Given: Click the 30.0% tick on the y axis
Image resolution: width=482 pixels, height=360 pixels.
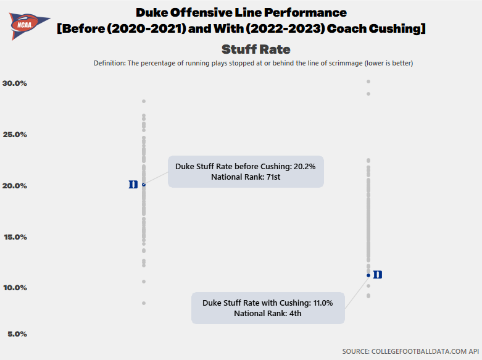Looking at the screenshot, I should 15,83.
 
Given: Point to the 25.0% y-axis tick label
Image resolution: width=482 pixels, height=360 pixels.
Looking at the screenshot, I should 15,135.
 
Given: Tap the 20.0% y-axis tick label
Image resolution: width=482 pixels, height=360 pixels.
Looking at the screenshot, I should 15,186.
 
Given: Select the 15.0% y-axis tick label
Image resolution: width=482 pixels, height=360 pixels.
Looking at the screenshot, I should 15,237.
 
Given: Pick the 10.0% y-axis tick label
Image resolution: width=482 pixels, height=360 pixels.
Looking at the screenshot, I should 15,288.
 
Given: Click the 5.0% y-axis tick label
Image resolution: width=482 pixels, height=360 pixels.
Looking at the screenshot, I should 17,334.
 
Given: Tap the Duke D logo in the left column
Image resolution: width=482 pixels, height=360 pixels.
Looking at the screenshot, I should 133,185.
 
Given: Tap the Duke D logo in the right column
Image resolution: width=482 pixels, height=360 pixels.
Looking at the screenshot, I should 378,275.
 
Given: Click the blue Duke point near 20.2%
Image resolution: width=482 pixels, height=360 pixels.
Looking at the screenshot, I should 144,184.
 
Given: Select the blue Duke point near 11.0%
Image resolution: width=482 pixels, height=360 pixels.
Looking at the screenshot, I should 368,275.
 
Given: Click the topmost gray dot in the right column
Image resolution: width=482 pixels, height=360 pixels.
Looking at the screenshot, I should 368,82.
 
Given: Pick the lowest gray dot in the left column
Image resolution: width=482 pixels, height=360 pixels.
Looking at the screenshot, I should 144,303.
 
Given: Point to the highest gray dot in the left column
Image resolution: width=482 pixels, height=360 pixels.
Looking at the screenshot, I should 144,101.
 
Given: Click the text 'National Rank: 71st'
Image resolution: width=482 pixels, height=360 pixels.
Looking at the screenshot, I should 246,177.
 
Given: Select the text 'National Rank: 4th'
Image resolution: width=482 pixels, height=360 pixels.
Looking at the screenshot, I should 268,314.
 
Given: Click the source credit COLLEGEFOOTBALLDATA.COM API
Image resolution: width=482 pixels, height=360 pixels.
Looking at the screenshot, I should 410,351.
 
